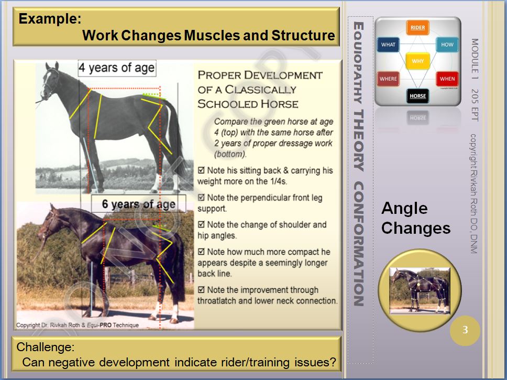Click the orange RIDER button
point(417,27)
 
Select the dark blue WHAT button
point(388,45)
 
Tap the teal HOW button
point(447,45)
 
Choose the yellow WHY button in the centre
point(417,61)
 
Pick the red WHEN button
point(447,79)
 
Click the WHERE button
point(388,79)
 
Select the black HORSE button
point(417,96)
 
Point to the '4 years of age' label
point(117,68)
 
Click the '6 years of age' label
point(139,204)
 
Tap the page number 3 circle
point(465,330)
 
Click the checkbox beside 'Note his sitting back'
point(201,170)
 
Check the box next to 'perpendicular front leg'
point(201,198)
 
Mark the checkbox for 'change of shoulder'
point(201,224)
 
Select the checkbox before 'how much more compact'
point(201,252)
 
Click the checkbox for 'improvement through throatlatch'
point(201,290)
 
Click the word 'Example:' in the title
point(50,18)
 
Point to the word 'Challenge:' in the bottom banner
point(45,347)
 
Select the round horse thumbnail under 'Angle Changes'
point(420,290)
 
